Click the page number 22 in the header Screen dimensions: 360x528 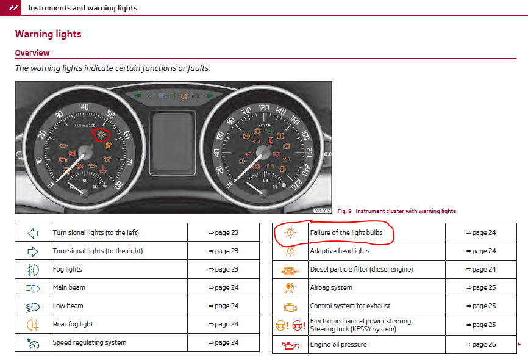point(13,8)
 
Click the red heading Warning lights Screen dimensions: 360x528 point(48,34)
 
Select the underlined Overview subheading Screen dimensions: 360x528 point(32,53)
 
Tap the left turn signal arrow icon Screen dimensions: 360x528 point(33,232)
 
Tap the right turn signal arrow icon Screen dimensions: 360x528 point(33,251)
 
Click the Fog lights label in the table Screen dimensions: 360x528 point(67,269)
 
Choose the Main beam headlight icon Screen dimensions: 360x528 point(33,287)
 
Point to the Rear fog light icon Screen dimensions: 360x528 point(33,324)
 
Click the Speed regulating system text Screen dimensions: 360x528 point(90,342)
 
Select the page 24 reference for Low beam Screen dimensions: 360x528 point(223,306)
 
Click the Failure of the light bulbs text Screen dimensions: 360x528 point(346,232)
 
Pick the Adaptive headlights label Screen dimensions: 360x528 point(340,251)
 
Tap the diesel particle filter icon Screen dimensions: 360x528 point(290,270)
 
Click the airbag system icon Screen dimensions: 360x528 point(290,287)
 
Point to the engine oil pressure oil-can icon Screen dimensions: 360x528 point(290,345)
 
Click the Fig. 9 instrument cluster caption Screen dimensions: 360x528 point(396,211)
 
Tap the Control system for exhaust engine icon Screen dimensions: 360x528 point(290,306)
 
